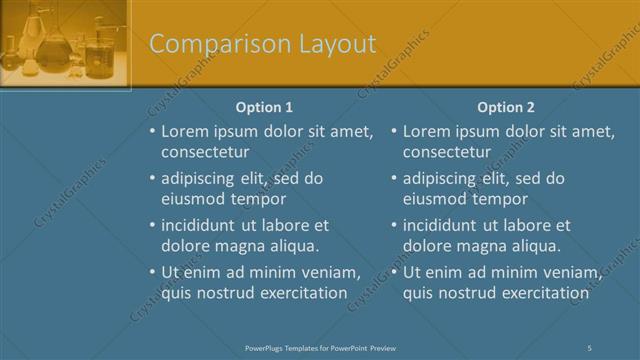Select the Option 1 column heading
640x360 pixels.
[264, 107]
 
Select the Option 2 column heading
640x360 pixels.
[506, 107]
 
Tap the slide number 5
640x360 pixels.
[590, 347]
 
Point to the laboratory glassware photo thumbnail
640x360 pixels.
[65, 45]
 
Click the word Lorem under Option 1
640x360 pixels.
[185, 131]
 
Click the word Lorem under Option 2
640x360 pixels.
[427, 131]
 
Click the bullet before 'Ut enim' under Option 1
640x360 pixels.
[152, 272]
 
